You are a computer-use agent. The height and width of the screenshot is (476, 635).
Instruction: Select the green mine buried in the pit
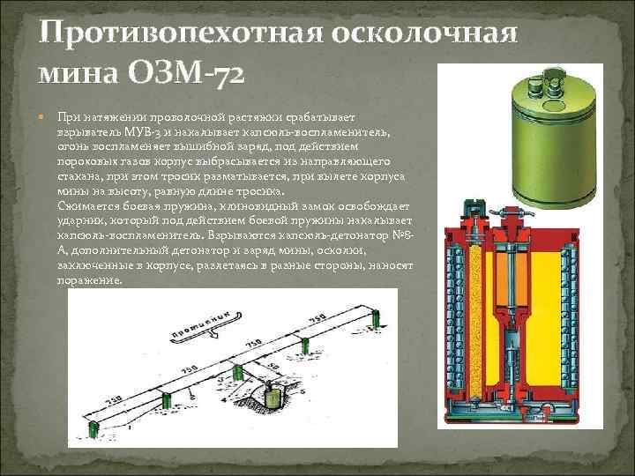click(273, 398)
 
